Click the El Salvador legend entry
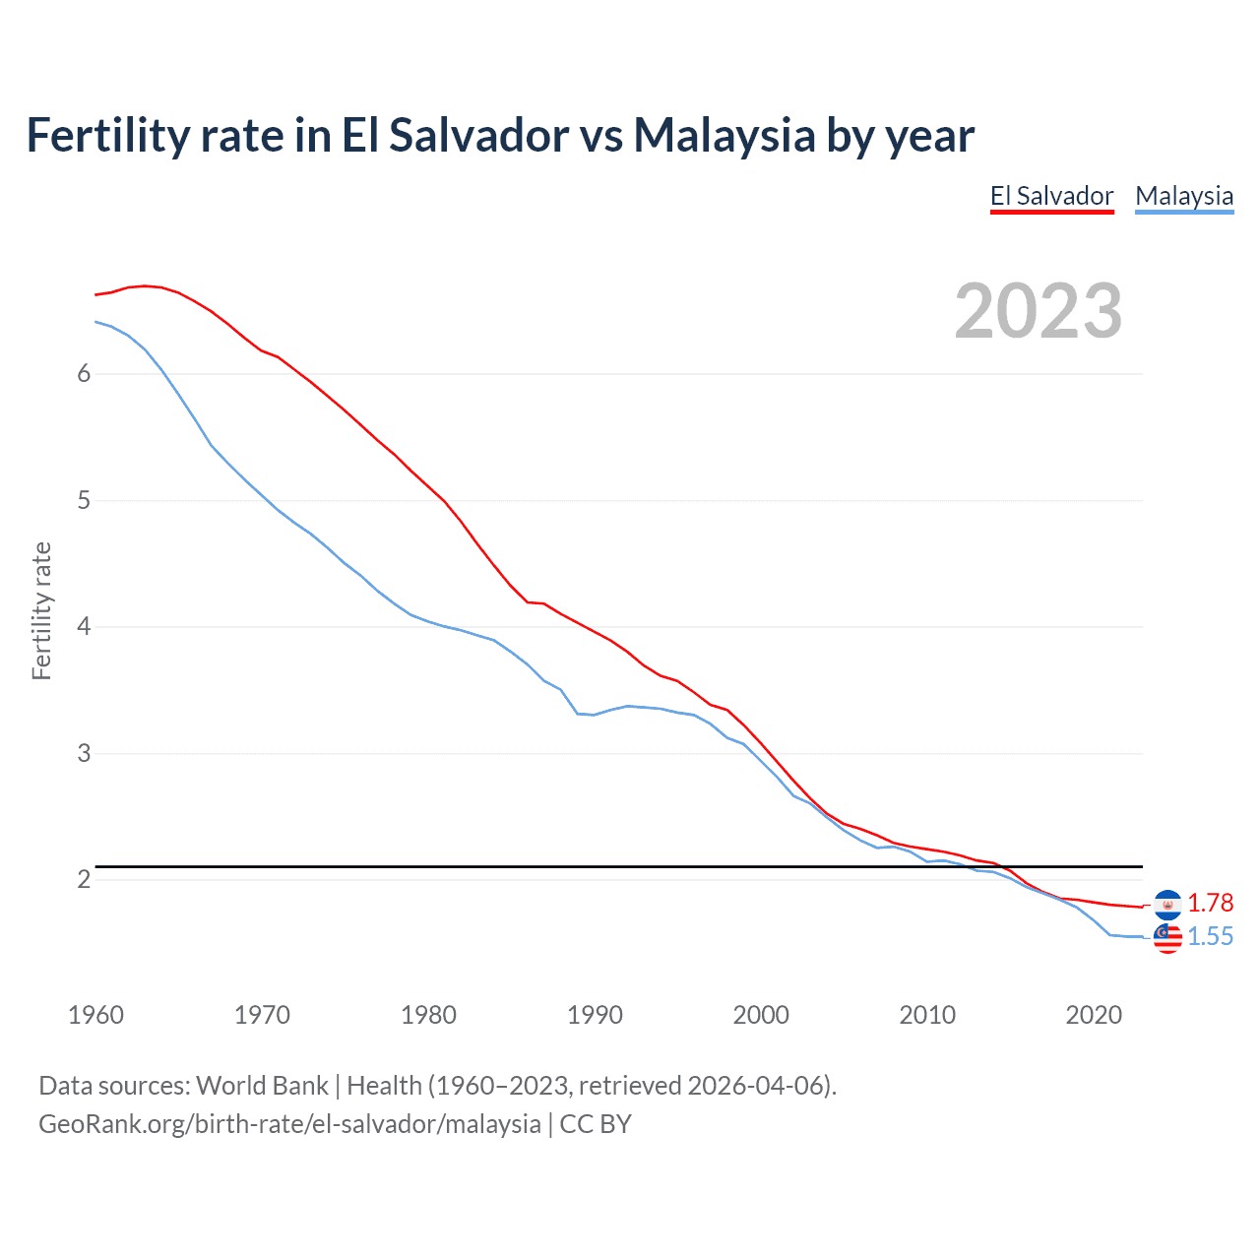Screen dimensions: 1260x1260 click(1051, 196)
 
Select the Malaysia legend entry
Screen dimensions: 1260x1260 click(1184, 196)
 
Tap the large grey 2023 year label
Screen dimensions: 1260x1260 click(1039, 311)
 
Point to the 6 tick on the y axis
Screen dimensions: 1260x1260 click(84, 374)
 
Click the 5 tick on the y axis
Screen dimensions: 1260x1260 click(84, 501)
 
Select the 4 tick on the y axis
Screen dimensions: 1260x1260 click(84, 627)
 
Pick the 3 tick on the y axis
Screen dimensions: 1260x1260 click(84, 754)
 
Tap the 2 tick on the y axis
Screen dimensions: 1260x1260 click(84, 880)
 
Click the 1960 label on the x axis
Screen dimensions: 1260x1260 click(95, 1015)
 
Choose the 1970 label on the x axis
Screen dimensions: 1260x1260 click(262, 1015)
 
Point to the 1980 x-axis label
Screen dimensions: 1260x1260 click(428, 1015)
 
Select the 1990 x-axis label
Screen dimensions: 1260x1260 click(595, 1015)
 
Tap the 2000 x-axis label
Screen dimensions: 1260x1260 click(761, 1015)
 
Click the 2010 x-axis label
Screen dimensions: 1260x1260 click(927, 1015)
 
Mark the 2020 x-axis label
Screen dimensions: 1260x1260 click(1094, 1015)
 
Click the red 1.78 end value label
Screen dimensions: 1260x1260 click(1210, 904)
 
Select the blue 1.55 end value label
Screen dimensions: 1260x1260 click(1210, 937)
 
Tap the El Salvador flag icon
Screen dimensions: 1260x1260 click(1167, 904)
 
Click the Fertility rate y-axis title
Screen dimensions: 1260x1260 click(41, 610)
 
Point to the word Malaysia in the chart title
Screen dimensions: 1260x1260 click(724, 135)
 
